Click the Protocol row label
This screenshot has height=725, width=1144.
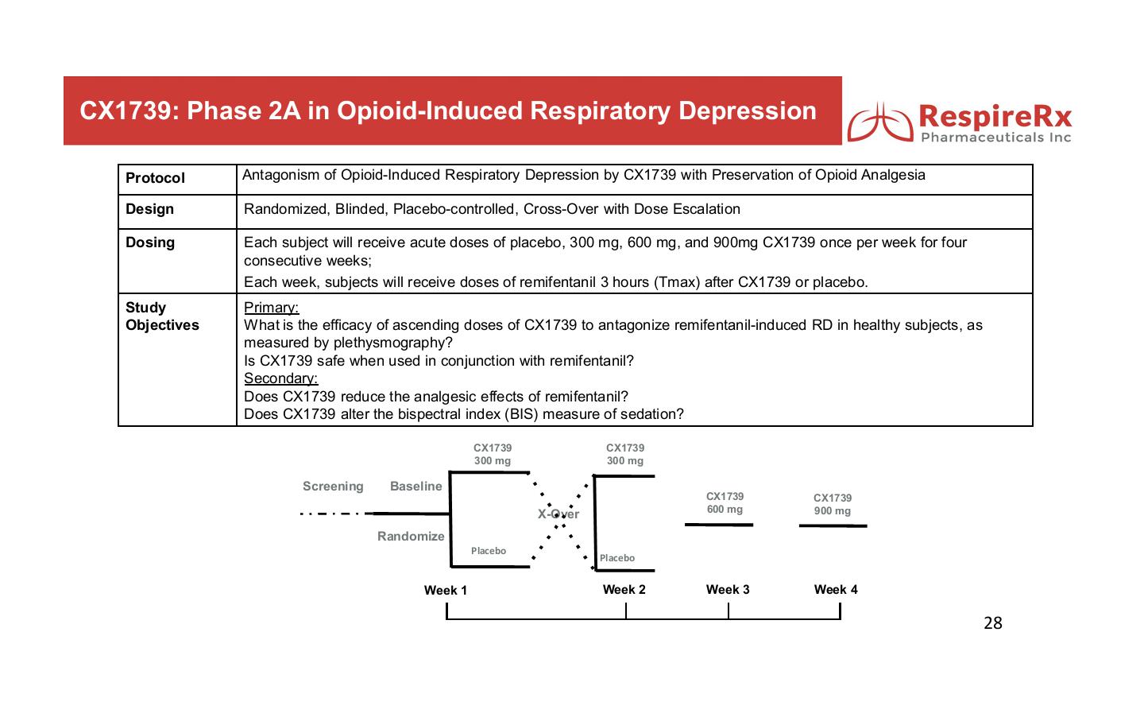pos(155,178)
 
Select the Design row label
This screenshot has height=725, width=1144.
pos(149,209)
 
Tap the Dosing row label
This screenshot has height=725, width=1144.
pos(150,242)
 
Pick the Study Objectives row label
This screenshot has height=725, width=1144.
pos(162,316)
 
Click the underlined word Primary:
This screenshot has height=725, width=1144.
pos(271,308)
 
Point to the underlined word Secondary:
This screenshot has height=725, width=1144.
pos(280,378)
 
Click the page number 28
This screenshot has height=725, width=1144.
pos(992,623)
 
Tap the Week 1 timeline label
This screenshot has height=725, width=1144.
pos(445,590)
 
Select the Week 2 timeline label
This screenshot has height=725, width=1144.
pos(624,589)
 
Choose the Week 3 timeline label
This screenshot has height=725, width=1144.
pos(728,589)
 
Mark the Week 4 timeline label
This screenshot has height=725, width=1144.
pos(836,589)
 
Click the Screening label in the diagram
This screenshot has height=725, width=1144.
pos(333,487)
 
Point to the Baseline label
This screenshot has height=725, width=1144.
pos(415,487)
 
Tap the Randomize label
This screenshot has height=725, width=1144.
pos(411,537)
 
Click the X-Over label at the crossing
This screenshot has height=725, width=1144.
pos(558,514)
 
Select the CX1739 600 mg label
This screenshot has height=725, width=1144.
pos(725,503)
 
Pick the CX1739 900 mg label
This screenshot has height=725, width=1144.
pos(832,505)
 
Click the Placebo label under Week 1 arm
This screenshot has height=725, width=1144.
pos(488,551)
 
